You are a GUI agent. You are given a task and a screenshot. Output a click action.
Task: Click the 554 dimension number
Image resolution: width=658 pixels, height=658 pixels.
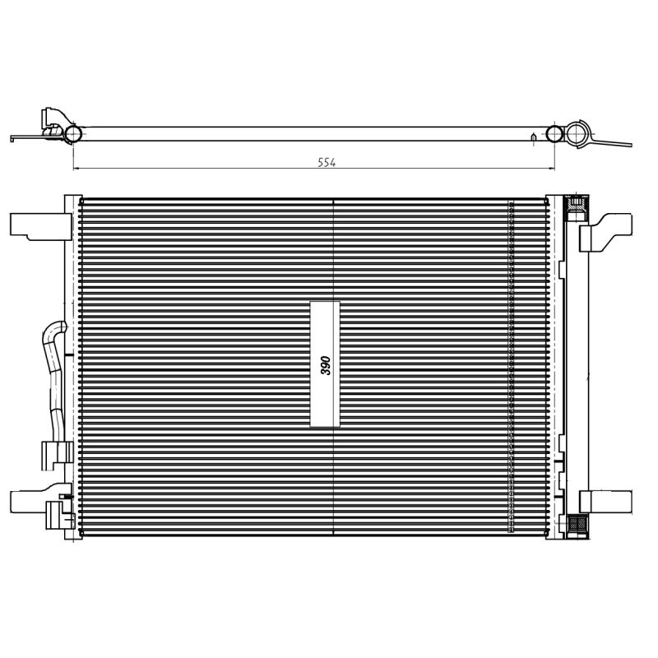327,162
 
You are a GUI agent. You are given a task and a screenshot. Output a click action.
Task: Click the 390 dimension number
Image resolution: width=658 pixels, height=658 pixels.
325,365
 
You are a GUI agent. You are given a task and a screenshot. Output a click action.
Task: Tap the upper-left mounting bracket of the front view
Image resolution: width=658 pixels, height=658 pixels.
40,227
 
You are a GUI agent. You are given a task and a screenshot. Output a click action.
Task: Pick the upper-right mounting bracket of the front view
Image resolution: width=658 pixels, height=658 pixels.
605,232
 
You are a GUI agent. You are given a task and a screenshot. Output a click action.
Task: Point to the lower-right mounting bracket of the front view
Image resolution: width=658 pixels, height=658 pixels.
605,502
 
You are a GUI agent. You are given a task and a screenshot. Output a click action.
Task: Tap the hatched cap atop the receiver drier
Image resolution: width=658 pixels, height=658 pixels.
577,205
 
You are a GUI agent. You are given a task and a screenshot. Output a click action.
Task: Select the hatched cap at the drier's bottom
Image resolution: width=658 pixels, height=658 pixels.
577,524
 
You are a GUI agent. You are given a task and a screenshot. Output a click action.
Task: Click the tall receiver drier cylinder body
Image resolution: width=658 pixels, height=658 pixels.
577,364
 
